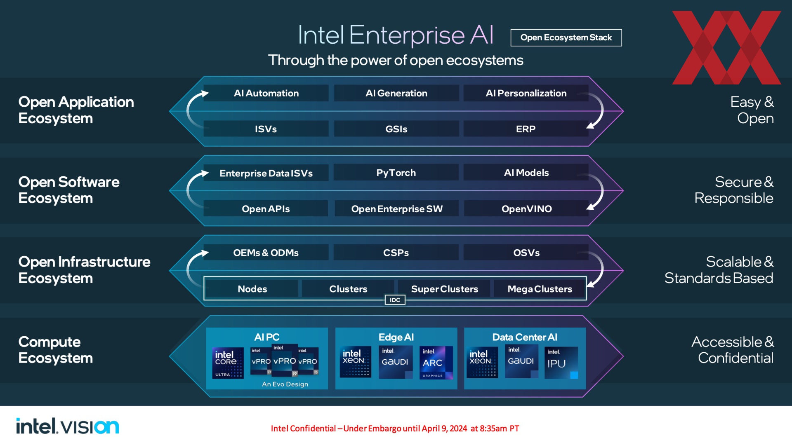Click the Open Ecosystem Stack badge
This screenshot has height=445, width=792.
click(x=566, y=37)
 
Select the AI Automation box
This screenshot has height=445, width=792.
click(x=266, y=93)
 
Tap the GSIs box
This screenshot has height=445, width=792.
click(x=396, y=129)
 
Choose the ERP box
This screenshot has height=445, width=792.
click(x=526, y=129)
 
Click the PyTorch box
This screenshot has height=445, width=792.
click(x=396, y=173)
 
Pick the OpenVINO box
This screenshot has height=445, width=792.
click(x=526, y=209)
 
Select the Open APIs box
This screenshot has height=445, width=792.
click(x=266, y=209)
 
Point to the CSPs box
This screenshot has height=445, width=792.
click(x=396, y=253)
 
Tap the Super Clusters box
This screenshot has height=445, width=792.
click(x=444, y=289)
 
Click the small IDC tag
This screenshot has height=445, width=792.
click(x=395, y=300)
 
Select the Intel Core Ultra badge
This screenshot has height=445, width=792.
click(x=228, y=363)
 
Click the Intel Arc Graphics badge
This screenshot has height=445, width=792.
click(x=436, y=363)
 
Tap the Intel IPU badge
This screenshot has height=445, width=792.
click(x=561, y=363)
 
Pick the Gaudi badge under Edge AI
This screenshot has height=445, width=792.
click(x=396, y=362)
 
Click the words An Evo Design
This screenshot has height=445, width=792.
click(x=285, y=384)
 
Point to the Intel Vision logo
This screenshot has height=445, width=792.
click(x=68, y=426)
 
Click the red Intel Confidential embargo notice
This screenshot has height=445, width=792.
click(x=395, y=429)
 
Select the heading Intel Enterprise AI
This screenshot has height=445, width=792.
click(x=396, y=35)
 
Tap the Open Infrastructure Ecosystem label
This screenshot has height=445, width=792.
click(x=84, y=270)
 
